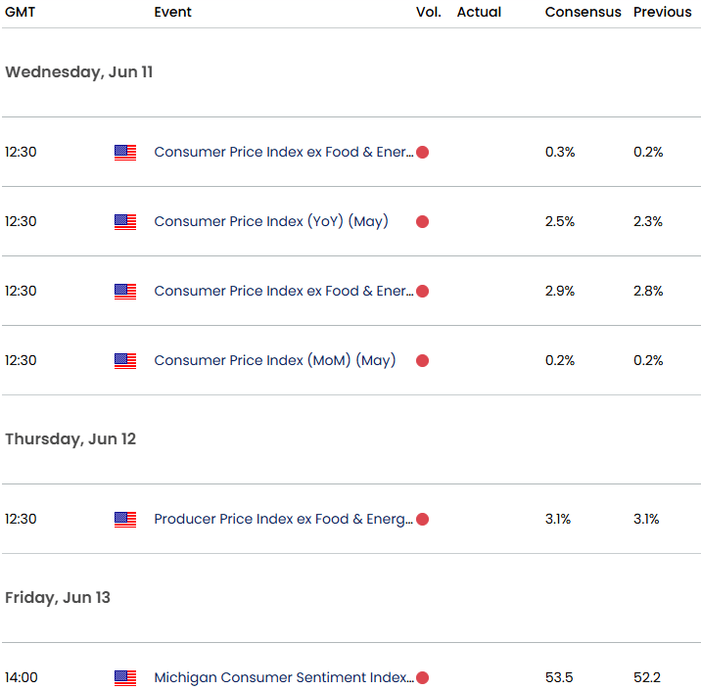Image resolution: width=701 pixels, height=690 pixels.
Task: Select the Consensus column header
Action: click(583, 12)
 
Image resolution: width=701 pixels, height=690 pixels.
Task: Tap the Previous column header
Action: click(662, 12)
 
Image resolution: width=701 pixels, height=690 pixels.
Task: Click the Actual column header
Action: click(479, 12)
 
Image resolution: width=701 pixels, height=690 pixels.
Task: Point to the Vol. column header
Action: click(428, 12)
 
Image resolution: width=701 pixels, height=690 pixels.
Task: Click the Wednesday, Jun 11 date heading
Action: click(78, 72)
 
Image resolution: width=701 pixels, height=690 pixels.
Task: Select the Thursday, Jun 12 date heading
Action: click(70, 439)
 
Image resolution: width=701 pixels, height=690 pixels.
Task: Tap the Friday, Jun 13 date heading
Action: click(58, 598)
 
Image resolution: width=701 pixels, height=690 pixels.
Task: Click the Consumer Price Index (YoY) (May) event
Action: click(271, 221)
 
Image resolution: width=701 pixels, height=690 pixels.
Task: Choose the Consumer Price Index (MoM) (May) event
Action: click(275, 360)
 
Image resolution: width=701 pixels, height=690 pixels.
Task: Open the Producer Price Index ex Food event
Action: click(283, 519)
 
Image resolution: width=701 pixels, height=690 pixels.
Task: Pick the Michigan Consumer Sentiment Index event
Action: click(283, 677)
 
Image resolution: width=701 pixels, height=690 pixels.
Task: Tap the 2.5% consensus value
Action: click(560, 221)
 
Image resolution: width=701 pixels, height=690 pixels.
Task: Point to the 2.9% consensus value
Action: click(560, 291)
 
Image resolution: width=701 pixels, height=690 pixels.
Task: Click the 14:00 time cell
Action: click(21, 677)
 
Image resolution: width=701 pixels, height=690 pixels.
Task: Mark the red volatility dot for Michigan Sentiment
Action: click(423, 677)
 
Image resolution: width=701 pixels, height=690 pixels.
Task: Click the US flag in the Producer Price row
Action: click(125, 519)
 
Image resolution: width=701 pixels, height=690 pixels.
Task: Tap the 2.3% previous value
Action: click(648, 221)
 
